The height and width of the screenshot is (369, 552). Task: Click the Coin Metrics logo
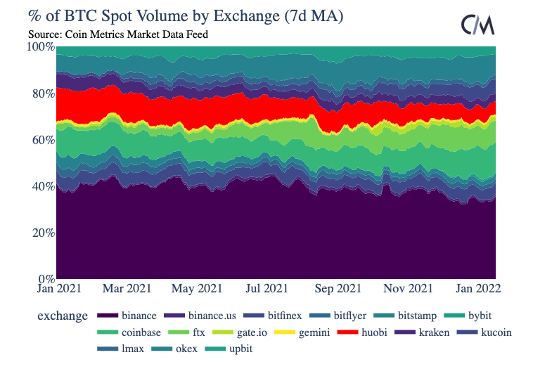click(x=477, y=25)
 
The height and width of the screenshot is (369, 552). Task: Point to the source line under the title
click(x=118, y=34)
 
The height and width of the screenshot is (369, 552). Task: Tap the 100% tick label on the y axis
click(x=40, y=47)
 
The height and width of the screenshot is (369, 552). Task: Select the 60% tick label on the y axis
click(x=41, y=140)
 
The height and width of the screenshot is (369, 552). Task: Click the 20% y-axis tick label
click(x=41, y=233)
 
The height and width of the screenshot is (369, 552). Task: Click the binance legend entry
click(x=127, y=316)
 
